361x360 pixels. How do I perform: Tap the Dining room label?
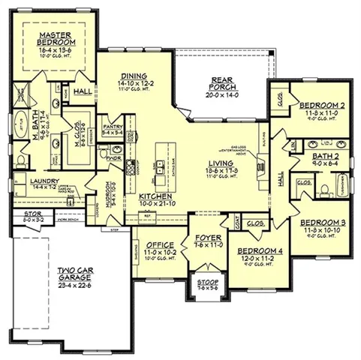coord(137,76)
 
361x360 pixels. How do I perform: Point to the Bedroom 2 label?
coord(317,105)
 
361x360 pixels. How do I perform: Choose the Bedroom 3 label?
coord(322,222)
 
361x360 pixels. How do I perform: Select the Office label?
coord(161,244)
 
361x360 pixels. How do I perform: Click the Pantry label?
coord(113,127)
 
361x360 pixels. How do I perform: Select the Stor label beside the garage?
coord(20,213)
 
